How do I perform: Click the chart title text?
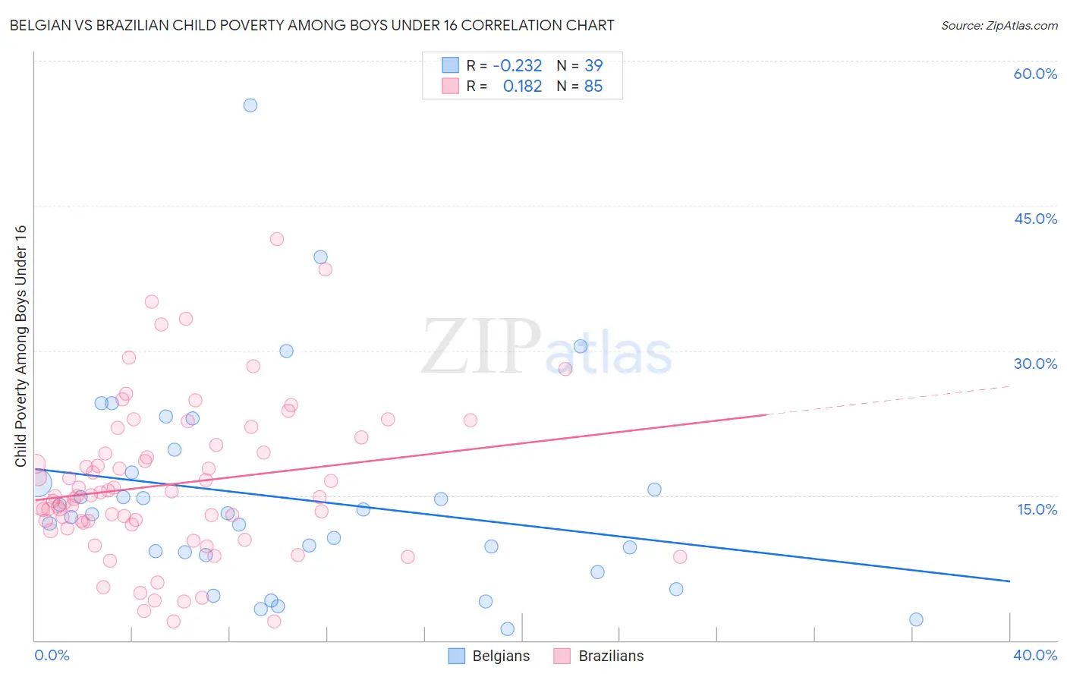(312, 25)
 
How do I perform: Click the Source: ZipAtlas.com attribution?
(999, 25)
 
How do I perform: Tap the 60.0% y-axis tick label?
(1034, 74)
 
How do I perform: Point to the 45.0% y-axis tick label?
(1034, 219)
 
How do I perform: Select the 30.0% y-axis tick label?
(1034, 364)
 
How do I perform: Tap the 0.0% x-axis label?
(52, 655)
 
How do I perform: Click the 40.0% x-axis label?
(1034, 655)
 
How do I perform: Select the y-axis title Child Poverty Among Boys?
(20, 346)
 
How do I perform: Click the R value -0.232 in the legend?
(518, 66)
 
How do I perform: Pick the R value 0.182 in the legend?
(522, 87)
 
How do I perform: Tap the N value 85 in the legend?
(593, 87)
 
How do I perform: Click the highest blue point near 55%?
(250, 105)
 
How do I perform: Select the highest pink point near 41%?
(277, 239)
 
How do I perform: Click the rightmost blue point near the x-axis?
(916, 619)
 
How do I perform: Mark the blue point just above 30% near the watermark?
(581, 346)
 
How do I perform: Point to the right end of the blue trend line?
(1009, 581)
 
